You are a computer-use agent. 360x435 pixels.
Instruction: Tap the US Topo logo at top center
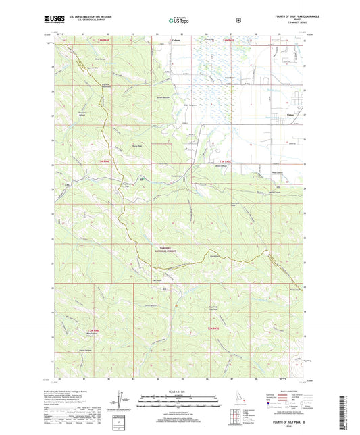click(x=179, y=21)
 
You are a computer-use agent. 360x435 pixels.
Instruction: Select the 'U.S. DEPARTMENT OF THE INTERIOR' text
click(x=88, y=16)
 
